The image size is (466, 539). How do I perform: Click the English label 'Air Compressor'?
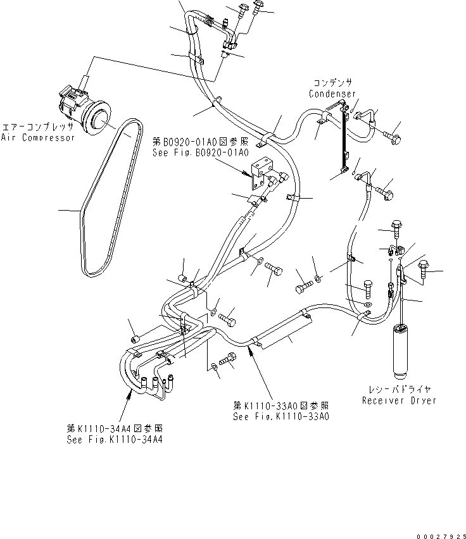tap(38, 137)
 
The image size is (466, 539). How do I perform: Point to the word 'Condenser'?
tap(332, 94)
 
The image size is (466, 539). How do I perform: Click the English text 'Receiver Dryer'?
tap(399, 400)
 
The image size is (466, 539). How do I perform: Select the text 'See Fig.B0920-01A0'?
tap(200, 153)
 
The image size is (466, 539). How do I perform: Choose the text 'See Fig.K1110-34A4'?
tap(114, 440)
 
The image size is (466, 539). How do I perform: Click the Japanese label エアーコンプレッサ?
tap(38, 126)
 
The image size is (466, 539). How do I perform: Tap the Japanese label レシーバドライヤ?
tap(399, 390)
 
